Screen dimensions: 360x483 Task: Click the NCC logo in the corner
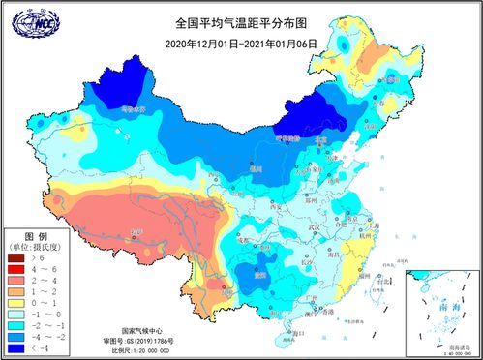point(31,20)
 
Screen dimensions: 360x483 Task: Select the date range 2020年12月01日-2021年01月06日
point(240,44)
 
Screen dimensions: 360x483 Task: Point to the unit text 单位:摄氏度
point(37,248)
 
